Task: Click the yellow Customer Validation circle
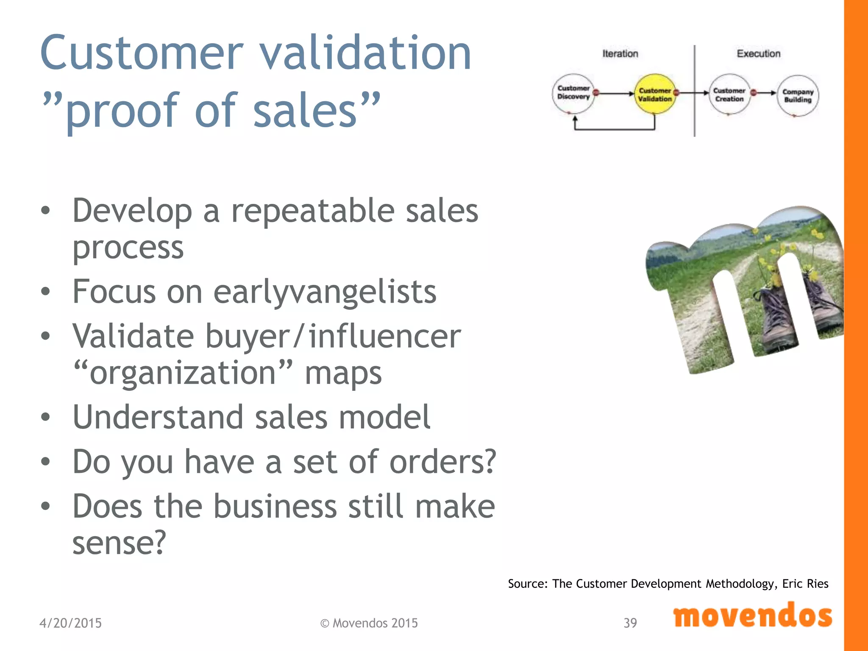(655, 95)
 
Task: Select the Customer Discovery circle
(573, 93)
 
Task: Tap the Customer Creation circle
(729, 95)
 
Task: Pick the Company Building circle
(798, 96)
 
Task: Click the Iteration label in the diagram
(620, 54)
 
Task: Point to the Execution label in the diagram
(758, 54)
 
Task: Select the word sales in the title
(305, 110)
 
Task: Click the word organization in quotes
(183, 373)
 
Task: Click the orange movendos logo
(752, 616)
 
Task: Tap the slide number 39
(630, 623)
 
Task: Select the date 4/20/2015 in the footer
(70, 623)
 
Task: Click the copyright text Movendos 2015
(369, 623)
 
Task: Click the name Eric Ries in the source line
(805, 584)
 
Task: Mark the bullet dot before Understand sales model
(46, 417)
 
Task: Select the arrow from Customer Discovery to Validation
(615, 93)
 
